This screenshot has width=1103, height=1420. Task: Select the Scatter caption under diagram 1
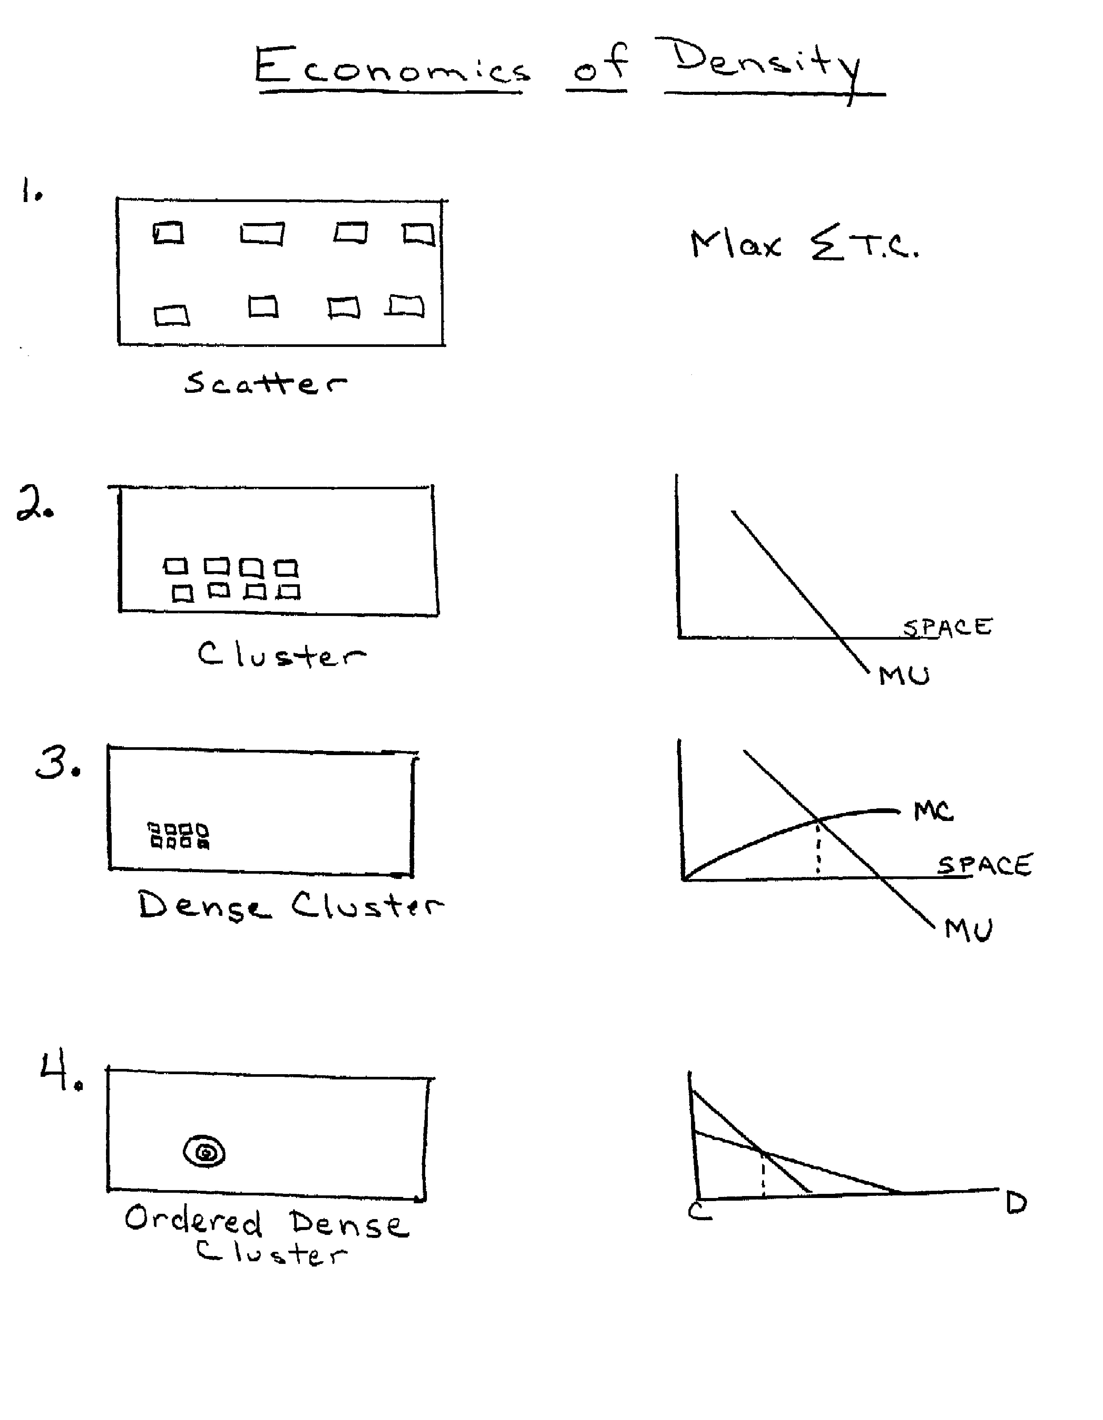(x=265, y=383)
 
